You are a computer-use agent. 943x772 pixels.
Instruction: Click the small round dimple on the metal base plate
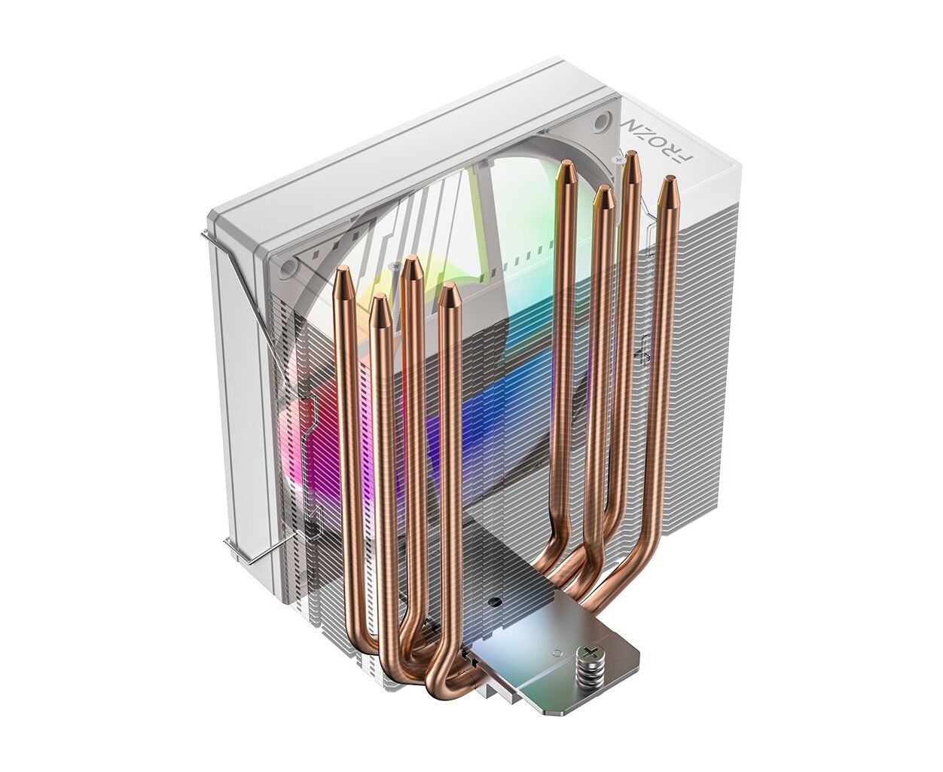pos(556,653)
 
